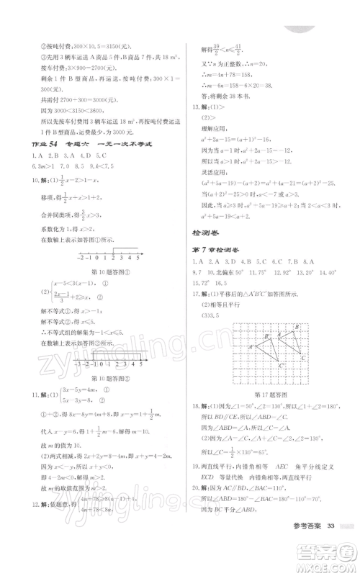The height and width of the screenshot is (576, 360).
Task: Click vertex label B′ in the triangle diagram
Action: [x=266, y=335]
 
